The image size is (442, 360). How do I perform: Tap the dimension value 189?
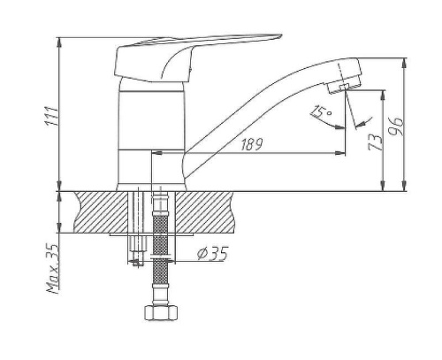click(x=251, y=144)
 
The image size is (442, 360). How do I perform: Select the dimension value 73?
click(x=376, y=142)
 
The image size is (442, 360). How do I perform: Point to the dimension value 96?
click(x=395, y=126)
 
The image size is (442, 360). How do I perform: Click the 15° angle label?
click(x=321, y=111)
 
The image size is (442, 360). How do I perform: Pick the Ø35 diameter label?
click(x=213, y=253)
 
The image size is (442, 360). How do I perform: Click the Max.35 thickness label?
click(x=53, y=269)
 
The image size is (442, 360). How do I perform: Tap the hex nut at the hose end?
click(x=161, y=313)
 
